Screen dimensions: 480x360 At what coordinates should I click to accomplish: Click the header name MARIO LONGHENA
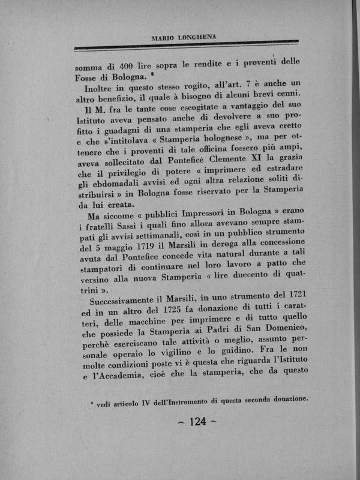tap(183, 38)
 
